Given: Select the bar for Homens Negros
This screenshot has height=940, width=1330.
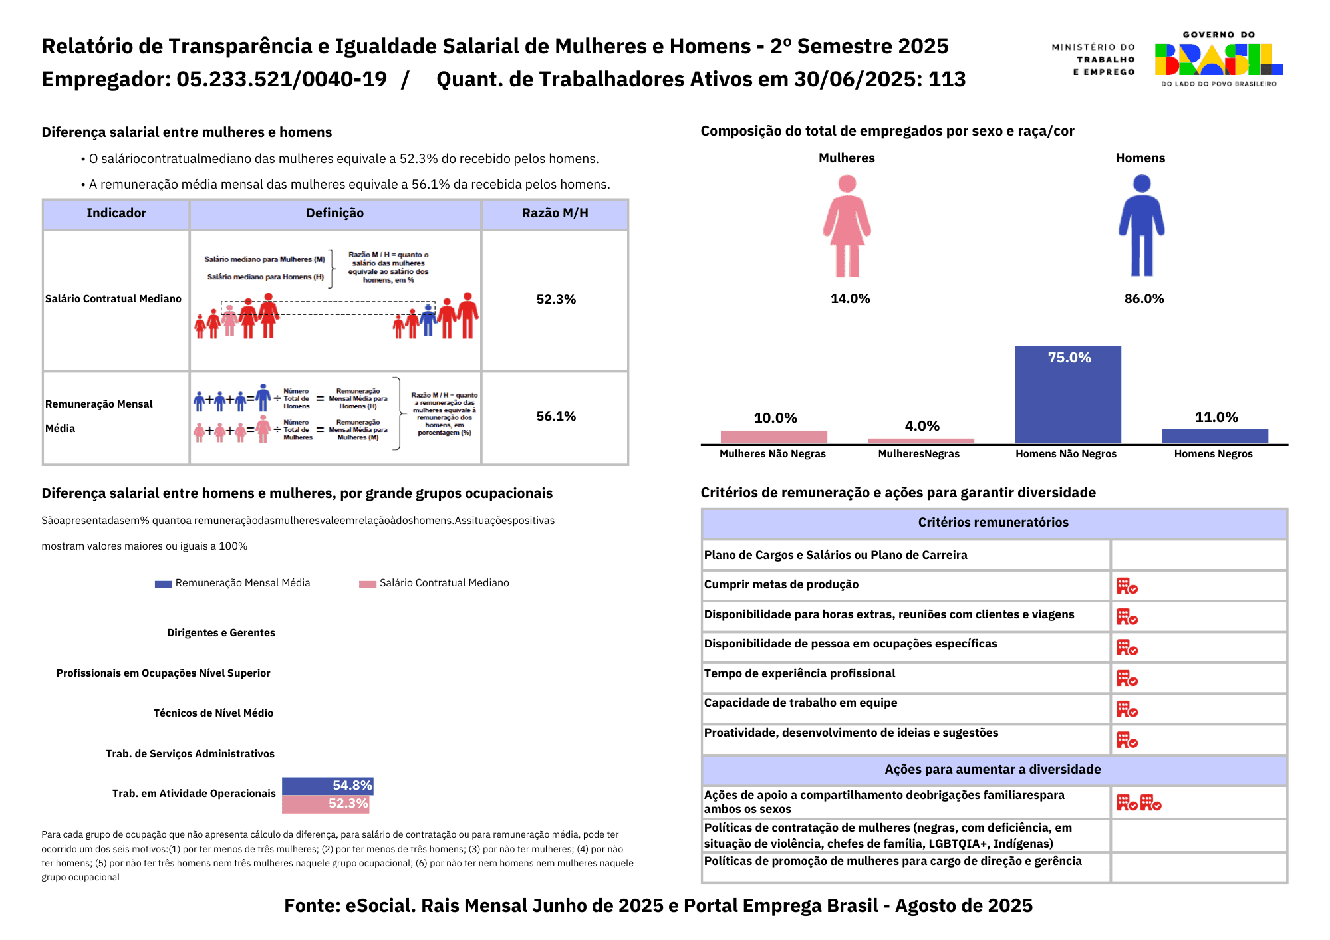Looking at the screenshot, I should pyautogui.click(x=1214, y=436).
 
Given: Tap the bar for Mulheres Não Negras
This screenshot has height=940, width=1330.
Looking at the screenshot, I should pyautogui.click(x=773, y=437).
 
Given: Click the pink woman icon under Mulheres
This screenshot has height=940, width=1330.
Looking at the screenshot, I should pyautogui.click(x=847, y=225).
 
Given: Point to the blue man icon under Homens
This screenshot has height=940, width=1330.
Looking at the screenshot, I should pyautogui.click(x=1141, y=225).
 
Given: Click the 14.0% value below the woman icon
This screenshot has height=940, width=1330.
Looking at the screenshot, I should pyautogui.click(x=850, y=299).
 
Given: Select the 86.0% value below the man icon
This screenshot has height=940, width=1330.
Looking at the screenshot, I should pyautogui.click(x=1144, y=299).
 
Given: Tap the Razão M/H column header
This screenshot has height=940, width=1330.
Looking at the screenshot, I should pyautogui.click(x=555, y=213).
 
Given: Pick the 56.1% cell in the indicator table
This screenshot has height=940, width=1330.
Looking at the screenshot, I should pyautogui.click(x=556, y=417).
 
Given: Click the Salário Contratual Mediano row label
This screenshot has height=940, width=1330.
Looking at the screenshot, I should pyautogui.click(x=114, y=299).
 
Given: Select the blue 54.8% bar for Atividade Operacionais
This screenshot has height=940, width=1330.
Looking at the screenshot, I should pyautogui.click(x=327, y=786).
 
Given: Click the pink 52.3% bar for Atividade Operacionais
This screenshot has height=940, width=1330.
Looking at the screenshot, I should pyautogui.click(x=325, y=804).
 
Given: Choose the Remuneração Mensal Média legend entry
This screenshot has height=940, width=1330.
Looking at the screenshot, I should pyautogui.click(x=233, y=583).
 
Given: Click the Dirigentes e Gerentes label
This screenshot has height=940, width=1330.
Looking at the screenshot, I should pyautogui.click(x=221, y=633).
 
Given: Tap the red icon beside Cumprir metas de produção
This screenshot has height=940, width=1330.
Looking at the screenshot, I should pyautogui.click(x=1127, y=586).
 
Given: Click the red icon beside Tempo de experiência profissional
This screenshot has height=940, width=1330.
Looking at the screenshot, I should pyautogui.click(x=1127, y=678).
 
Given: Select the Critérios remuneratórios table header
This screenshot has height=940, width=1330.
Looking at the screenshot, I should pyautogui.click(x=994, y=523).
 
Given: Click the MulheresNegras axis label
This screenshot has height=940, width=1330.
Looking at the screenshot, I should pyautogui.click(x=918, y=454).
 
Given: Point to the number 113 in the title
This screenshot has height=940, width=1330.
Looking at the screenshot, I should pyautogui.click(x=947, y=80).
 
